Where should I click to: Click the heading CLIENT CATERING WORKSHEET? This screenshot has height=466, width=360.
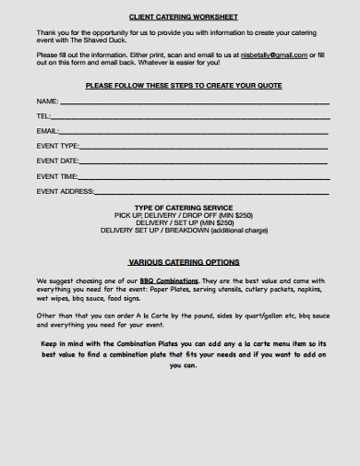click(184, 18)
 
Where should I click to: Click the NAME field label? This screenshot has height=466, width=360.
click(47, 101)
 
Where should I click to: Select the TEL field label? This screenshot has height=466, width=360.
click(43, 116)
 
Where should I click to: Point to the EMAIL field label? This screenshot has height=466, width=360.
click(48, 131)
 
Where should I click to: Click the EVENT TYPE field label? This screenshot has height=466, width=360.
click(58, 146)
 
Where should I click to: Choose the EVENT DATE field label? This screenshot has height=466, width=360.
click(58, 161)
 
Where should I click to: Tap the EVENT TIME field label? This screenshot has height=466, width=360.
click(57, 175)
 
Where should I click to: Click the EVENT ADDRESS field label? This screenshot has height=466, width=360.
click(66, 190)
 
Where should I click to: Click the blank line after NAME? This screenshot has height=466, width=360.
click(194, 102)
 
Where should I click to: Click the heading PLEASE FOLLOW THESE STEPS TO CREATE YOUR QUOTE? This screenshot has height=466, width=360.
click(184, 85)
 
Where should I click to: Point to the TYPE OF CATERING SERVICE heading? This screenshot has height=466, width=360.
click(184, 208)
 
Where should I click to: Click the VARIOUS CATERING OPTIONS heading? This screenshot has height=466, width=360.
click(184, 261)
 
